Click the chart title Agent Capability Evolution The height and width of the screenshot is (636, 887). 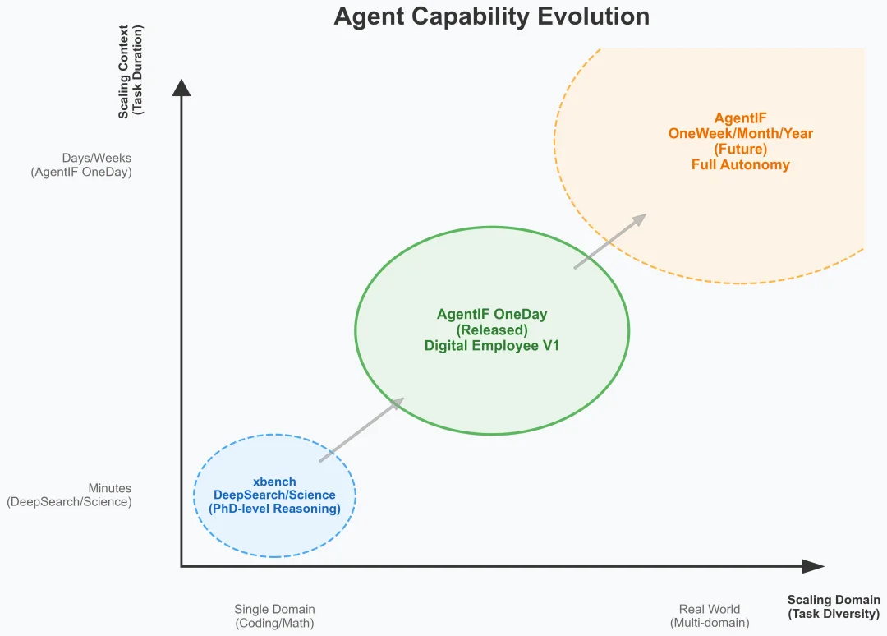point(491,16)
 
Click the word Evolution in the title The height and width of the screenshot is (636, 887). point(592,16)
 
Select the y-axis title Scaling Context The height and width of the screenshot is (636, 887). point(124,71)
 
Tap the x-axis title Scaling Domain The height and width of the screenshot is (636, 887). point(833,600)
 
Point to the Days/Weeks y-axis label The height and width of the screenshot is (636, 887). point(96,158)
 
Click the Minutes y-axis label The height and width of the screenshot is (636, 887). point(109,488)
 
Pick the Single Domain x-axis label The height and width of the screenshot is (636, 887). point(274,610)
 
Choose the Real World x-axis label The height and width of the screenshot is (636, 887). point(709,610)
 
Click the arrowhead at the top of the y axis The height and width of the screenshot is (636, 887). point(182,87)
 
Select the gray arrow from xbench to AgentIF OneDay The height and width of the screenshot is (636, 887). point(361,430)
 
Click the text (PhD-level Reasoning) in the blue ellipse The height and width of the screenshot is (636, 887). point(274,509)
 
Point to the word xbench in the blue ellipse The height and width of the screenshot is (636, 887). point(274,482)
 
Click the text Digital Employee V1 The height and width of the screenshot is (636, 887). point(491,346)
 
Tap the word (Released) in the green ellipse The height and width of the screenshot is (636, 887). point(491,330)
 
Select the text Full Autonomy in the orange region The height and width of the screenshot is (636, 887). point(740,164)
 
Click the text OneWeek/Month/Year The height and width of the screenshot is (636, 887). point(740,133)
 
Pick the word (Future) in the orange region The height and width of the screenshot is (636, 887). point(740,149)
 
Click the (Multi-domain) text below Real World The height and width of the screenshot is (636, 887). point(709,623)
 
